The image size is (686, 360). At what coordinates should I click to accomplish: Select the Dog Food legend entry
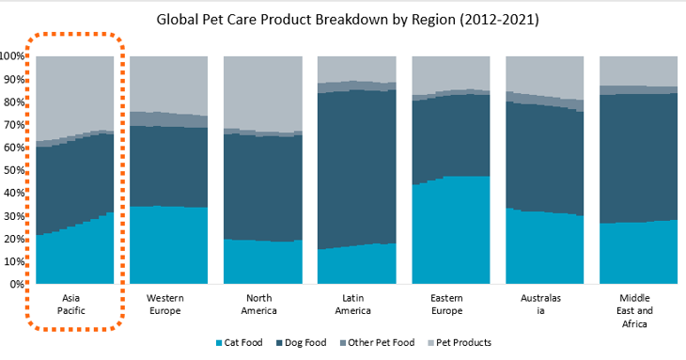[300, 343]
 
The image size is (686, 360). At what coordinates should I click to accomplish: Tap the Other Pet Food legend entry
[373, 343]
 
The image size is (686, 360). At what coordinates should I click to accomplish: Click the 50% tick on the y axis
[15, 170]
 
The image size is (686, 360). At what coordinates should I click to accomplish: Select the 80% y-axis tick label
[15, 102]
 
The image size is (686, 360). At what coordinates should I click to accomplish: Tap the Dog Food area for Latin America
[356, 169]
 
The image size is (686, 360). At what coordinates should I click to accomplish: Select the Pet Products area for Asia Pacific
[74, 94]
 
